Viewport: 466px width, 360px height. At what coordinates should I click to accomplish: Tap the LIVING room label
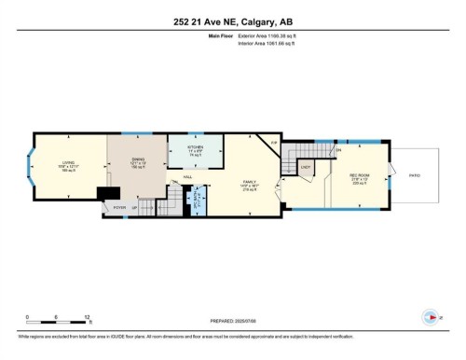tap(67, 162)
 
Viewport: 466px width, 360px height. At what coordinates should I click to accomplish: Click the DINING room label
tap(136, 159)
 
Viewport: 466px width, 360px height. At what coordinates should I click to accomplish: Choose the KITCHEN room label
tap(195, 148)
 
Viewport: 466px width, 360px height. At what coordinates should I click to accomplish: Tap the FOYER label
tap(119, 207)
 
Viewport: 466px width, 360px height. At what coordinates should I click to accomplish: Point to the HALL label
tap(187, 176)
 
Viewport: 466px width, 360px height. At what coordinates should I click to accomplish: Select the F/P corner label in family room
tap(273, 143)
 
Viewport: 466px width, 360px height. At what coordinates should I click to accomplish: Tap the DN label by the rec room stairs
tap(339, 150)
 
